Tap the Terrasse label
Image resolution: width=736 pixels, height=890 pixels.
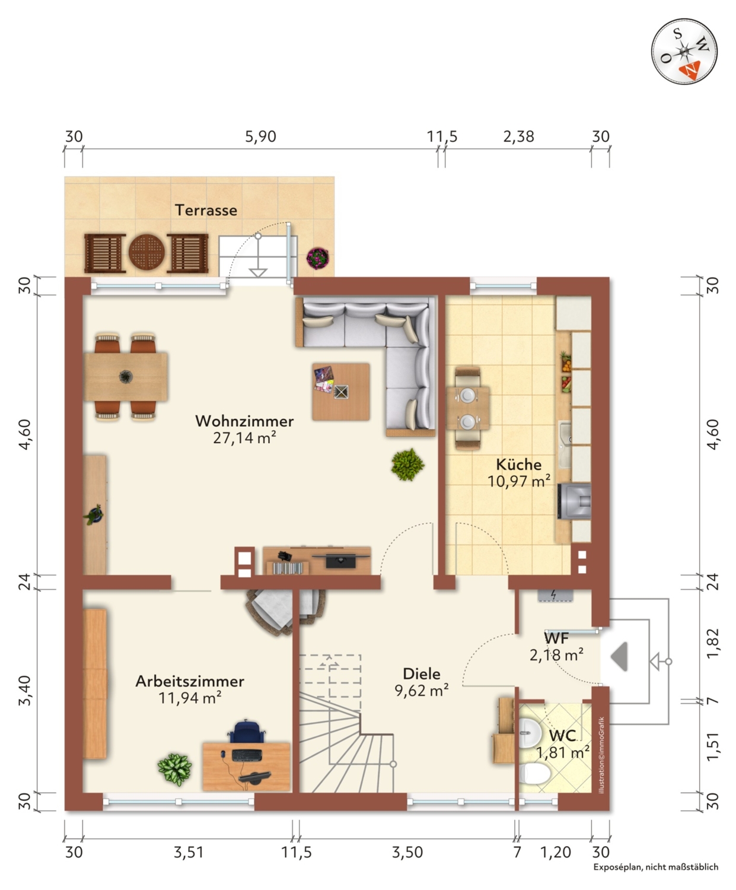tap(206, 210)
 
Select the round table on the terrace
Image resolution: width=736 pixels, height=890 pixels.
tap(146, 252)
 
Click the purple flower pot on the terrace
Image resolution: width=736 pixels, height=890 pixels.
tap(318, 258)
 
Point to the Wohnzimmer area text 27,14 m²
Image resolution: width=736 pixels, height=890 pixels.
tap(244, 438)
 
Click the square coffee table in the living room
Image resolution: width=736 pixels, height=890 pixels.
tap(341, 392)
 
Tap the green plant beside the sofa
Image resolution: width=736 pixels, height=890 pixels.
tap(408, 464)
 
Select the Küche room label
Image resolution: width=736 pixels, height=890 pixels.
tap(519, 464)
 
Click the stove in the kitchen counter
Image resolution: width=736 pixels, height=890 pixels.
tap(575, 501)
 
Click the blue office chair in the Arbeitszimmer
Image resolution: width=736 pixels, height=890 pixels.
tap(247, 730)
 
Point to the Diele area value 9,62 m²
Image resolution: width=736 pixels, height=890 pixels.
tap(422, 690)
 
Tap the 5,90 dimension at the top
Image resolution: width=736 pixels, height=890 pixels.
tap(260, 136)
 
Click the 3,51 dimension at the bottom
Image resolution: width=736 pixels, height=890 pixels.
tap(189, 852)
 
